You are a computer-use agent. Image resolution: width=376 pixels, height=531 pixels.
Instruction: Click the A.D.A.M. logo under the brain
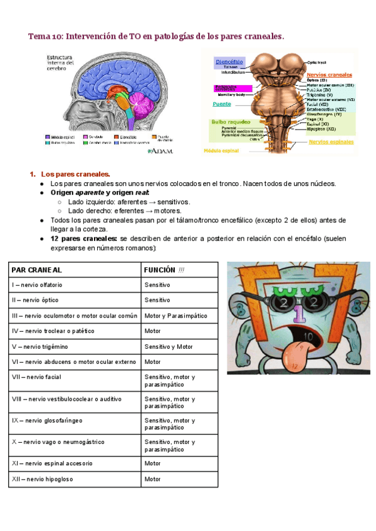tap(160, 151)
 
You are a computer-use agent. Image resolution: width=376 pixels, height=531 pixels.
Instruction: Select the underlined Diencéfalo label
tap(229, 62)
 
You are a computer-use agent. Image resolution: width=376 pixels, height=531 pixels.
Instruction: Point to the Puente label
tap(222, 103)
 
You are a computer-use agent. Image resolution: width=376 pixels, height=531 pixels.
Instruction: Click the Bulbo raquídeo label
tap(231, 121)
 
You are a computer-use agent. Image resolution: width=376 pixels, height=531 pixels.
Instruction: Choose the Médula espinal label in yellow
tap(222, 151)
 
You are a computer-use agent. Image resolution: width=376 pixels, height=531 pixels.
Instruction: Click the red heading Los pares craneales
tap(75, 173)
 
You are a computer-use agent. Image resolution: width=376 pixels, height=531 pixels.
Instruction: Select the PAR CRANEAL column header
tap(37, 269)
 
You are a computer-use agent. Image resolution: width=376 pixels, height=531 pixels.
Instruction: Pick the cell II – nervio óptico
tap(37, 300)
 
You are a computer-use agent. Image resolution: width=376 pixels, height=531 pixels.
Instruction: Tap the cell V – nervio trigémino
tap(40, 346)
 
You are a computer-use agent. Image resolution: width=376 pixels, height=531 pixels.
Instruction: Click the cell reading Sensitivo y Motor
tap(169, 346)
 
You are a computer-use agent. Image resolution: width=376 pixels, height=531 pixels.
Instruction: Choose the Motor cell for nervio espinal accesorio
tap(153, 463)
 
